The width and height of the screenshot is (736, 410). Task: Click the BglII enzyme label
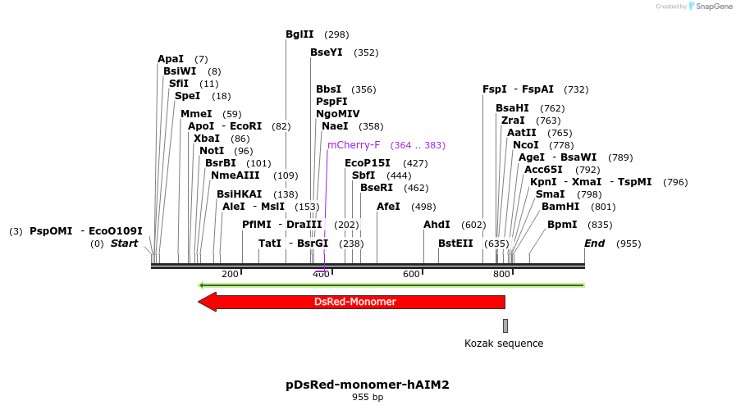pos(299,34)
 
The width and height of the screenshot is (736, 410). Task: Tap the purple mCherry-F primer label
pos(354,145)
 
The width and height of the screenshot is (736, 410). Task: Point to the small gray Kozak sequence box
pos(505,326)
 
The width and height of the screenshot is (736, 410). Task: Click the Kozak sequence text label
pos(504,344)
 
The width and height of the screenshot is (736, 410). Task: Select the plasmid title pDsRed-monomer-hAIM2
pos(368,384)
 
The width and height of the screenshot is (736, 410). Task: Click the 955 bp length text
pos(368,398)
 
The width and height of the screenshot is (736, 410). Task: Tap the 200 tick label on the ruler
pos(230,274)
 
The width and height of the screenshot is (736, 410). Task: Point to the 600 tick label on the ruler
pos(411,274)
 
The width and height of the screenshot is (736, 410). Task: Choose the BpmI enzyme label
pos(562,225)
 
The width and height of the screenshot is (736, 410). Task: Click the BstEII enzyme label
pos(455,244)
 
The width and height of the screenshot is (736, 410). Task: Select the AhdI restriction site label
pos(437,225)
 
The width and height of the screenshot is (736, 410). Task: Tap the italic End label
pos(594,244)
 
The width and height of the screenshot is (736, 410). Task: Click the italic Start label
pos(125,244)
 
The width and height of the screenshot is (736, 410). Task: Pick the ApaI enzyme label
pos(171,59)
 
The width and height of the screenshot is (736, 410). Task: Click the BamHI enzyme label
pos(560,207)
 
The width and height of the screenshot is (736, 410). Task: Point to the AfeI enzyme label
pos(388,207)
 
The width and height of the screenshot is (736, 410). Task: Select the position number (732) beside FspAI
pos(576,89)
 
